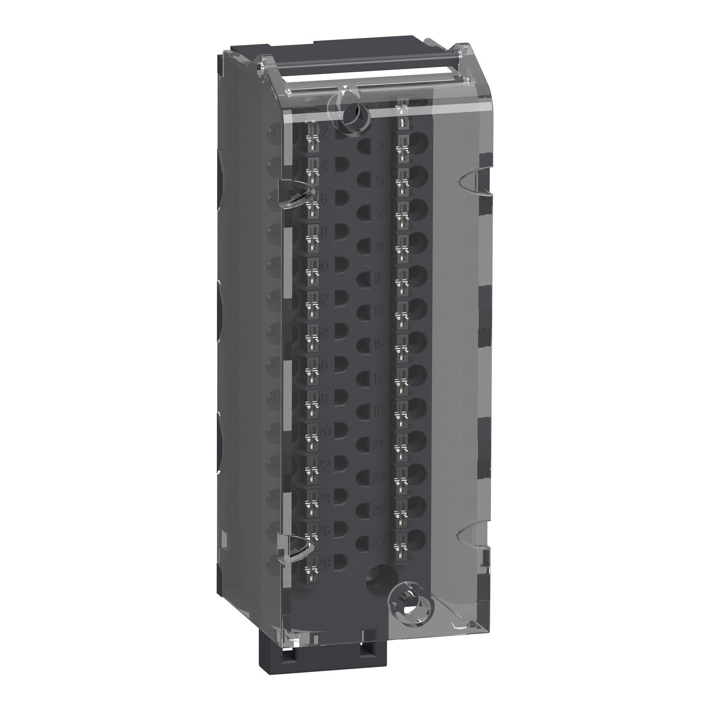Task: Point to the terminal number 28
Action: pyautogui.click(x=325, y=562)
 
